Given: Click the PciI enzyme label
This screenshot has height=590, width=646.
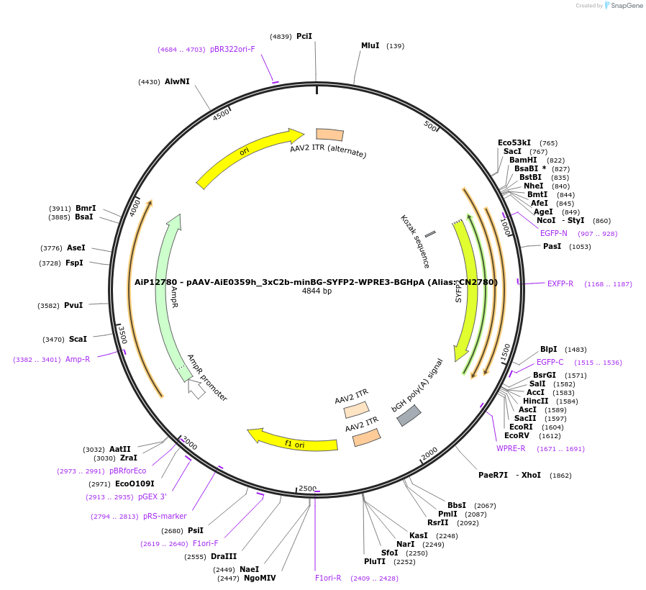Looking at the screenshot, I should coord(304,36).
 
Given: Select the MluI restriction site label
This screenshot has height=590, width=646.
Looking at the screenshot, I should coord(370,45).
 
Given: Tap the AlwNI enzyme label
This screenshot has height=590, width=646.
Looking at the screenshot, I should coord(177,81).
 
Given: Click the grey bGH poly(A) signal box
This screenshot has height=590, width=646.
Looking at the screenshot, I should coord(409,415).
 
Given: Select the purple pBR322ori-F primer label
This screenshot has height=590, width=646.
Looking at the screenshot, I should coord(232,49).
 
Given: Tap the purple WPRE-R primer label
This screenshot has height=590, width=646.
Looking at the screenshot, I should coord(511,448).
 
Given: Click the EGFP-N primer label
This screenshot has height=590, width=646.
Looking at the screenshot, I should coord(554,233).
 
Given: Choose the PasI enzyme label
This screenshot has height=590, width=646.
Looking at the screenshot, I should coord(552,246).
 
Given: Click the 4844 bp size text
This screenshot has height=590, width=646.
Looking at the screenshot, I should coord(317,291).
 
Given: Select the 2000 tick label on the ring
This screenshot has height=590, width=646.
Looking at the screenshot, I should coord(429,454).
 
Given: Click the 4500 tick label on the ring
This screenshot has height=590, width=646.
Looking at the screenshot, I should coord(221,114).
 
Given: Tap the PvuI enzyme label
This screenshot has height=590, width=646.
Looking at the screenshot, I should coord(73,305).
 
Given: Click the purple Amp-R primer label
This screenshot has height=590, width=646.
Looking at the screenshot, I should coord(78,359).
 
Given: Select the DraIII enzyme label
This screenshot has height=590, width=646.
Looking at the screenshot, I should coord(224,556).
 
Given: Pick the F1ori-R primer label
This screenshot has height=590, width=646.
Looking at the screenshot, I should coord(328,578).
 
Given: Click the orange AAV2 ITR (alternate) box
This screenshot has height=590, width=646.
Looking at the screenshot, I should coord(329,135).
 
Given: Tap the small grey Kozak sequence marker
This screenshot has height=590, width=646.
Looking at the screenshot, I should coord(430,234).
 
